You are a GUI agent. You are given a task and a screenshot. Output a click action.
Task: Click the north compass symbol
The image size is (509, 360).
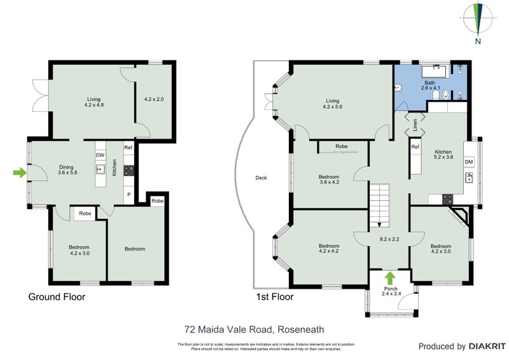[x=479, y=20]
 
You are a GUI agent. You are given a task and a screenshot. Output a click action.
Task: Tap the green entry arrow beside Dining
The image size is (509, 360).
[x=20, y=172]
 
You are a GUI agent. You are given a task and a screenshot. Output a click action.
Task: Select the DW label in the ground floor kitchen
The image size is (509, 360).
[x=100, y=155]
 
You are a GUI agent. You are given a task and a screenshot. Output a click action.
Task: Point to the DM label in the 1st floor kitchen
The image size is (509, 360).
[x=469, y=163]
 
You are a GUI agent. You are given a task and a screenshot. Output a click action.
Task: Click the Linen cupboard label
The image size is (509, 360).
[x=414, y=126]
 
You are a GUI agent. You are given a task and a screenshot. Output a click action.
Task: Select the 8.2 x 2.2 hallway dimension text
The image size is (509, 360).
[x=390, y=240]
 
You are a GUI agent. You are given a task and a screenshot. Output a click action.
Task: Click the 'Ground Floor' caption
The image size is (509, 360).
[x=57, y=297]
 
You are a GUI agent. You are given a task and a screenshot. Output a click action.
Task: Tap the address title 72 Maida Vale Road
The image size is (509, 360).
[x=254, y=329]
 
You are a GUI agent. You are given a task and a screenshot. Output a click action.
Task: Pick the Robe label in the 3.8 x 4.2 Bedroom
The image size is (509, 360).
[x=342, y=146]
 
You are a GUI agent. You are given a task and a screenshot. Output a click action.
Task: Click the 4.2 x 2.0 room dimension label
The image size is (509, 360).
[x=154, y=99]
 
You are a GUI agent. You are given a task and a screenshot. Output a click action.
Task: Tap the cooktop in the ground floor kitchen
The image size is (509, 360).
[x=129, y=170]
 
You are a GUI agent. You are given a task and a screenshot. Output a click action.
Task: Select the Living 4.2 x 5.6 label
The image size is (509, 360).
[x=333, y=104]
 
